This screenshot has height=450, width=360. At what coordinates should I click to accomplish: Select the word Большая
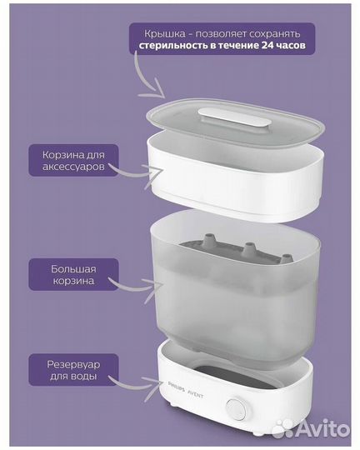[x=72, y=268]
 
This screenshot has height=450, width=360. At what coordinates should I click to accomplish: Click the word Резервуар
[x=73, y=363]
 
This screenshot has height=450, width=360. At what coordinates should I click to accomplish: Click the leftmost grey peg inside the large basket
[x=206, y=244]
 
